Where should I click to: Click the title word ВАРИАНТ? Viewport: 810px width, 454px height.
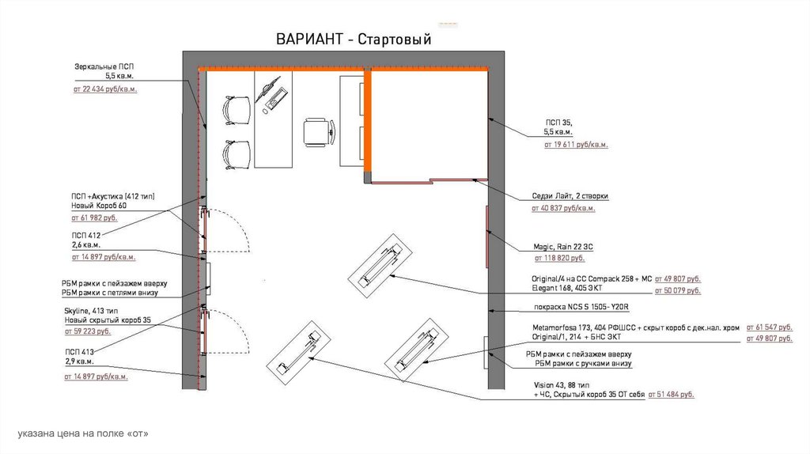click(309, 40)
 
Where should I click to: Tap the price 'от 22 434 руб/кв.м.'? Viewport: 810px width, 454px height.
click(105, 89)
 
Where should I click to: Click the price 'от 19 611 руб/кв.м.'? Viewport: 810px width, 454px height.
click(576, 145)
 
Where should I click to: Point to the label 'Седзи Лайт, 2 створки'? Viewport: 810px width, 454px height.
click(570, 196)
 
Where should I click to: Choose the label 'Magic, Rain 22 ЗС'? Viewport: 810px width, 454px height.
click(563, 247)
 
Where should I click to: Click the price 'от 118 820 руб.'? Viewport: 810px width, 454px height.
click(559, 258)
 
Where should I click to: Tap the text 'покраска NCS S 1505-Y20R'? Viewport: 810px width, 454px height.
click(581, 307)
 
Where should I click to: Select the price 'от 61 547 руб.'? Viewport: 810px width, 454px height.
click(769, 327)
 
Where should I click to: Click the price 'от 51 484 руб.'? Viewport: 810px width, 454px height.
click(671, 395)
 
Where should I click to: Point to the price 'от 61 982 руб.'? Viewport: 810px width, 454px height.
click(95, 218)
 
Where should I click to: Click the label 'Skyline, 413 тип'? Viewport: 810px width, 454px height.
click(91, 311)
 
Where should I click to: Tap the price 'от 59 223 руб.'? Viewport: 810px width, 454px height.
click(87, 331)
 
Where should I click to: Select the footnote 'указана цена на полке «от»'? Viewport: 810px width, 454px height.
click(83, 433)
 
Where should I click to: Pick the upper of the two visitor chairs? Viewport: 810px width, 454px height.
click(236, 110)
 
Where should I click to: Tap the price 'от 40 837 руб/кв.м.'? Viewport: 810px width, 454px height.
click(563, 208)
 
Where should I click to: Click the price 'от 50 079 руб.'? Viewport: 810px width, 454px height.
click(678, 291)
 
